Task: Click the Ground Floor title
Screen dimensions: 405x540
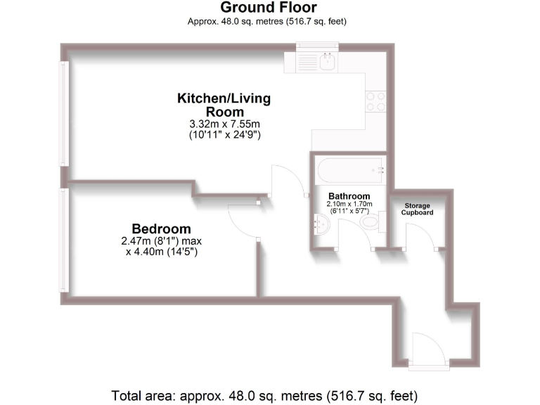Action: point(269,8)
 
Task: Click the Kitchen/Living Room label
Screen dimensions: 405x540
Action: point(224,105)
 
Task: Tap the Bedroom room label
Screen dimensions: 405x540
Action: point(161,229)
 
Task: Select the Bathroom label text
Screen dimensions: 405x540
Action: point(349,196)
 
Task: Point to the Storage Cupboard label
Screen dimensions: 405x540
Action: point(418,209)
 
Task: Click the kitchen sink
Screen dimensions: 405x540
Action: point(327,63)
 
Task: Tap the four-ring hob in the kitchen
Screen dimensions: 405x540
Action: point(375,102)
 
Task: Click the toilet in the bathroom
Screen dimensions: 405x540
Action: point(370,223)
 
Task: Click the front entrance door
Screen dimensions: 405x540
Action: point(426,349)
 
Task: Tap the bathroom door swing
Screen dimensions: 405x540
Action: point(356,233)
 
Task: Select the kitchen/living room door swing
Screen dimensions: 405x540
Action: point(288,180)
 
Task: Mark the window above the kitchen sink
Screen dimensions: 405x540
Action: point(317,47)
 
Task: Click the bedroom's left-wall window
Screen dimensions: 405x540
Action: point(64,240)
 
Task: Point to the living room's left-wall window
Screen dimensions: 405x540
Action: point(64,114)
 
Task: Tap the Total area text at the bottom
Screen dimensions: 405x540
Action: point(269,394)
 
